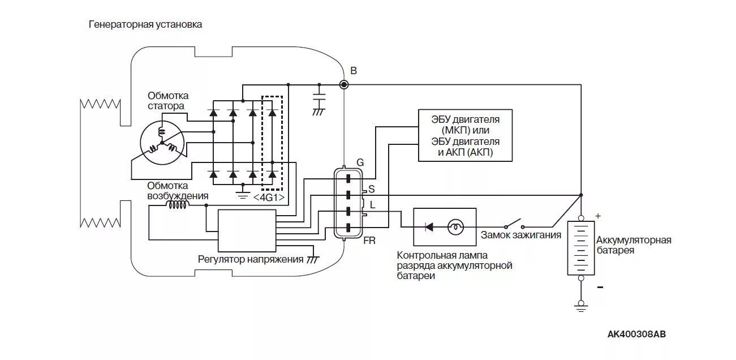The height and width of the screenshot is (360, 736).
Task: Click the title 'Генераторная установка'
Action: [x=145, y=25]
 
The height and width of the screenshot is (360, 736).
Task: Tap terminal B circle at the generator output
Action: [x=343, y=84]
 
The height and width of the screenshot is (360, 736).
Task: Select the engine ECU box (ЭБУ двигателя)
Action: [x=465, y=135]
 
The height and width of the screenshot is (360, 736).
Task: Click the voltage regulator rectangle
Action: [x=247, y=230]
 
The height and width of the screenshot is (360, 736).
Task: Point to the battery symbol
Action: [x=580, y=247]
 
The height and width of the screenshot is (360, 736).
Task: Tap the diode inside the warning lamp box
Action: [x=429, y=227]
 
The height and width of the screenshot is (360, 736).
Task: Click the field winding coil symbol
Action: [x=177, y=205]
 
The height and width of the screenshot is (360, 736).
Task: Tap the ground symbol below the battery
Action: [x=580, y=306]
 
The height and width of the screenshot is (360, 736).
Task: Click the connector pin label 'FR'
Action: [x=369, y=241]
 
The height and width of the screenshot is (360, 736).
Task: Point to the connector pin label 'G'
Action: [x=360, y=162]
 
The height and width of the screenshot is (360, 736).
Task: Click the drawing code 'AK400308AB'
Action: [x=636, y=334]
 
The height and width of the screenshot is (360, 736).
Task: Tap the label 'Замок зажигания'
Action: [x=521, y=235]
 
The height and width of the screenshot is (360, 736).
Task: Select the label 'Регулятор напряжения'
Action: [x=251, y=259]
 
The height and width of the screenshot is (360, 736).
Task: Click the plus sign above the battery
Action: [x=598, y=216]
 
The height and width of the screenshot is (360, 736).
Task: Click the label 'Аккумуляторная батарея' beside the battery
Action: [x=634, y=245]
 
